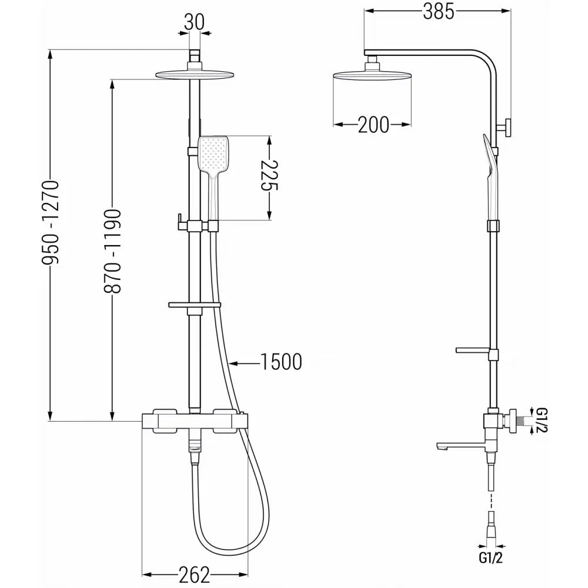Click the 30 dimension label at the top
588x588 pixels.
point(194,22)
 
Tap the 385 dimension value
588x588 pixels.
point(439,11)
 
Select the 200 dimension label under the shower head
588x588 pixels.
point(373,125)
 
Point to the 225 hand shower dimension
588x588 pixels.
point(269,175)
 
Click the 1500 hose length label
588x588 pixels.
point(281,362)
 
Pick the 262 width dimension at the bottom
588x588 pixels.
point(194,574)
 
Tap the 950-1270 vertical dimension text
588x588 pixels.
point(51,223)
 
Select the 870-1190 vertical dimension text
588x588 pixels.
point(112,251)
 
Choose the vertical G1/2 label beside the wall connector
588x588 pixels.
point(542,420)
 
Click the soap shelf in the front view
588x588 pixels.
point(194,305)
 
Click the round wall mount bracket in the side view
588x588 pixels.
point(507,128)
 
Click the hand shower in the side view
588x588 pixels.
point(490,176)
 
